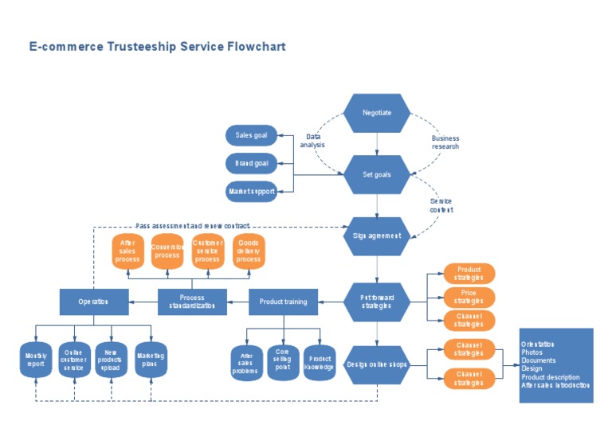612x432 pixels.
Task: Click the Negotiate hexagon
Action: click(x=377, y=113)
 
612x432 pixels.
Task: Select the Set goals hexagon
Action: click(x=377, y=174)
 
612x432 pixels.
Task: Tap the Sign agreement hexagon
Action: click(x=377, y=235)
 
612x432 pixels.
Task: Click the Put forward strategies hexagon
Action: click(x=377, y=302)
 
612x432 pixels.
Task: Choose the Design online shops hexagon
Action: click(x=377, y=365)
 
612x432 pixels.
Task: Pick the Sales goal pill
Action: click(x=251, y=135)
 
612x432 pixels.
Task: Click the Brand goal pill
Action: click(x=251, y=164)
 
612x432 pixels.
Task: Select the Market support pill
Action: click(x=251, y=192)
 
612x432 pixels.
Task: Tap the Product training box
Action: click(x=284, y=302)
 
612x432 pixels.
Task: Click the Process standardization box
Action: click(x=192, y=302)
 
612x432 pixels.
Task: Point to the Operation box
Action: click(x=94, y=302)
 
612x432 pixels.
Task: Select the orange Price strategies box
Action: click(x=469, y=298)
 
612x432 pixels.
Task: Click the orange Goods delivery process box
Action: click(x=249, y=251)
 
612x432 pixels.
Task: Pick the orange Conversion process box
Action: click(x=167, y=251)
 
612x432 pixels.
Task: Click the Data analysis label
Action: click(x=312, y=141)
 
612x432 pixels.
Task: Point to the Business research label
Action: click(x=445, y=142)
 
